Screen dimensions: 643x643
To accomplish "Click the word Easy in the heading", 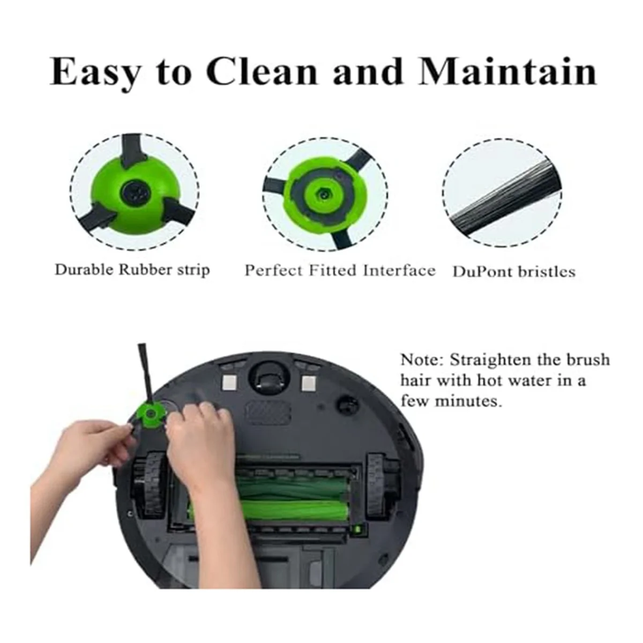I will coord(94,71).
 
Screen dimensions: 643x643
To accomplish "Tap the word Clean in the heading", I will coord(262,71).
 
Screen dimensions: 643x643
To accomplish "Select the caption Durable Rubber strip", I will coord(132,270).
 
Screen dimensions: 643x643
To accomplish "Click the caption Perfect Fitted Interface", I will coord(340,270).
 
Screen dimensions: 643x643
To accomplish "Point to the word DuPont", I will coord(483,272).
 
